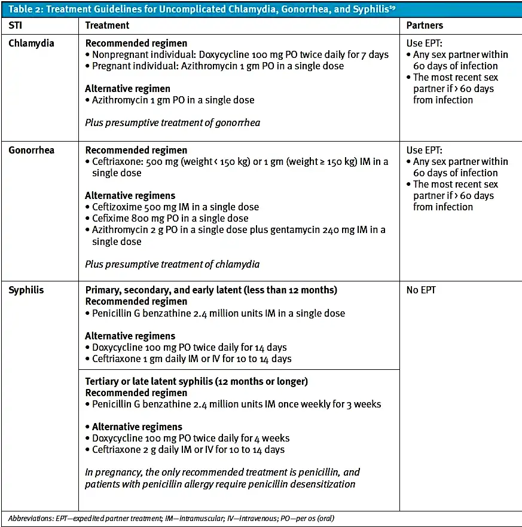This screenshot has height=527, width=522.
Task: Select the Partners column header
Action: [x=425, y=26]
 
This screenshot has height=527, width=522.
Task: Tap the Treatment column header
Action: [x=107, y=26]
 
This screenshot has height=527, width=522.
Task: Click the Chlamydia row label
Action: [x=32, y=43]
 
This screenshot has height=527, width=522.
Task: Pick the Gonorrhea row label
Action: [x=31, y=150]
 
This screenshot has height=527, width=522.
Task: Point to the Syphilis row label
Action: [x=26, y=290]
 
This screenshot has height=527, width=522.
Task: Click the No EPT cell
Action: [x=421, y=290]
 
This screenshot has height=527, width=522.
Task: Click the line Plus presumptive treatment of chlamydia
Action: [x=172, y=264]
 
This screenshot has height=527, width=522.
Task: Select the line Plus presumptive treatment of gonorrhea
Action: [x=172, y=123]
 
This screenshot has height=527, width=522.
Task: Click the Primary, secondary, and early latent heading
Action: [x=211, y=290]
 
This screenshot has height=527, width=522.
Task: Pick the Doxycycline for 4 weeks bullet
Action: [x=191, y=439]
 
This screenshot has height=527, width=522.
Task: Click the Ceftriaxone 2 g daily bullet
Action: [x=188, y=450]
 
